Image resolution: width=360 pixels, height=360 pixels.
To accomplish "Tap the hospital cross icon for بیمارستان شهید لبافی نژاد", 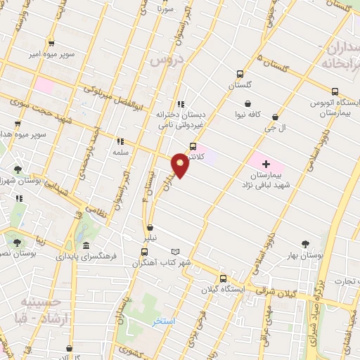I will click(x=266, y=164).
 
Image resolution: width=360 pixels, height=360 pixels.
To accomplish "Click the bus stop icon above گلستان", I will click(x=240, y=73).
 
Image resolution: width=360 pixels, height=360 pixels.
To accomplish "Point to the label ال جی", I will click(x=275, y=129).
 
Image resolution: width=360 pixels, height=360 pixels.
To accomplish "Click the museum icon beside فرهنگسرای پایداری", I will click(x=85, y=246).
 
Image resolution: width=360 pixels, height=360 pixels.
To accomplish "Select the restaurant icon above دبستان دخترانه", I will click(x=181, y=104).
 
